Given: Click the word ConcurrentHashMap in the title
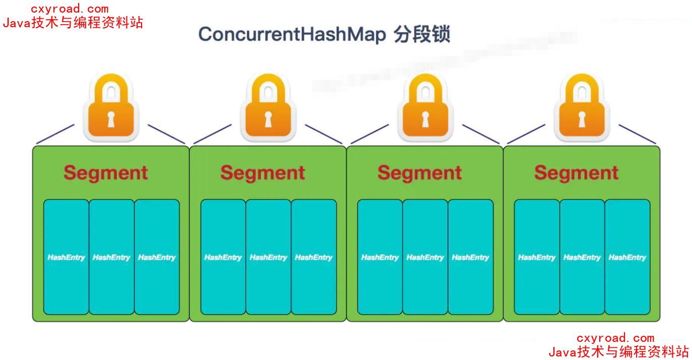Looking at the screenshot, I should click(292, 35).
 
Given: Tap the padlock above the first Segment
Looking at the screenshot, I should click(111, 106).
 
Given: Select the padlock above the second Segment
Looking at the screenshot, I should click(268, 106).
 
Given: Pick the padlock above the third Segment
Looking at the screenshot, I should click(425, 106).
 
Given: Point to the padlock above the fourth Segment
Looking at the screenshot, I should click(581, 106).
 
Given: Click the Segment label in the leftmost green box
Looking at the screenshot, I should click(106, 172).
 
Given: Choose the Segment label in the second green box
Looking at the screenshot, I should click(263, 172).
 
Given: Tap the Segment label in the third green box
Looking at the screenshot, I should click(420, 172).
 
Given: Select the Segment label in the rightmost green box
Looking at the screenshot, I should click(577, 172).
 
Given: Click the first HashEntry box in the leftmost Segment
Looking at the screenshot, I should click(66, 257).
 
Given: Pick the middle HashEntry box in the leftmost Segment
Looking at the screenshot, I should click(111, 257).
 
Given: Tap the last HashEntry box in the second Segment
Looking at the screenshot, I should click(313, 257).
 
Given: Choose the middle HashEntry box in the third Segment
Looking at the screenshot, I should click(425, 257).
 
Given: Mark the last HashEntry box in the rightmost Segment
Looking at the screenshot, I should click(627, 257).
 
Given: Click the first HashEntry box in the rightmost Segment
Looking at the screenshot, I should click(537, 257).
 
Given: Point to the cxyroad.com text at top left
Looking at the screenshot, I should click(70, 9).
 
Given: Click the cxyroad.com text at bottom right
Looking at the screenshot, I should click(615, 338).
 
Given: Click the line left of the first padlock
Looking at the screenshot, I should click(55, 134).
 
